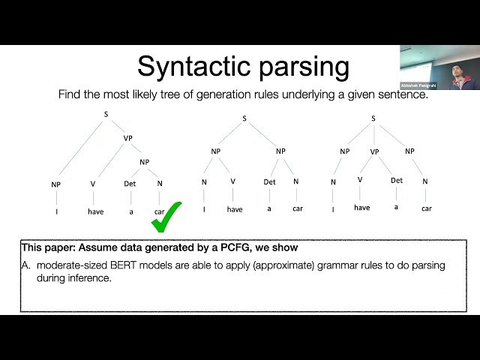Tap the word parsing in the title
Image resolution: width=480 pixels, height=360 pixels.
click(x=305, y=67)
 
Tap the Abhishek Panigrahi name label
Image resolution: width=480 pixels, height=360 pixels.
click(x=418, y=85)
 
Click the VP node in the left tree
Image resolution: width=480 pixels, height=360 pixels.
click(x=127, y=138)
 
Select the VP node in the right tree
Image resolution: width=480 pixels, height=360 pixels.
click(x=375, y=151)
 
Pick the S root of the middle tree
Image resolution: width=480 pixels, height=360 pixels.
click(x=244, y=118)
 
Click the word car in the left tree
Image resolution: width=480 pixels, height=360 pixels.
click(x=159, y=211)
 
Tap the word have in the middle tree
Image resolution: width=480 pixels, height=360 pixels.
click(x=235, y=209)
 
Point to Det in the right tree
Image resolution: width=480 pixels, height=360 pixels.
click(x=397, y=180)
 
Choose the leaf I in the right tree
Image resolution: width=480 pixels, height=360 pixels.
click(x=334, y=209)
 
